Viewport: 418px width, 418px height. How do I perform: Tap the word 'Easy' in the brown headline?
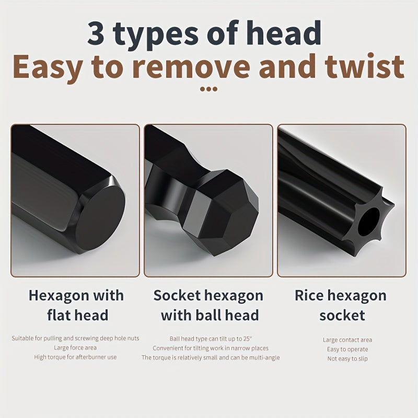(50, 67)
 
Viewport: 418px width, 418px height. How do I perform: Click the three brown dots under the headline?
(209, 89)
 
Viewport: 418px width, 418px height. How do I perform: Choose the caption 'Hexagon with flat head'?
(76, 305)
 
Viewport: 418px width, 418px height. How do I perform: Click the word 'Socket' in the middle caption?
(177, 295)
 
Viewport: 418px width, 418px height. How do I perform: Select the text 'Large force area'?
(75, 347)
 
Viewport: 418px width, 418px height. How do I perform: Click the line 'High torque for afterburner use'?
(75, 357)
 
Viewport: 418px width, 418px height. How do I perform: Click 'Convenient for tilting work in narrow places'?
(211, 348)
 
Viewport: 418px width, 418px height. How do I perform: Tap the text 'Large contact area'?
(347, 340)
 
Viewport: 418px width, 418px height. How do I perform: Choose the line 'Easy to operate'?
(347, 349)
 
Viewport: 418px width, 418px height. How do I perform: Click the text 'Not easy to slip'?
(347, 358)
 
